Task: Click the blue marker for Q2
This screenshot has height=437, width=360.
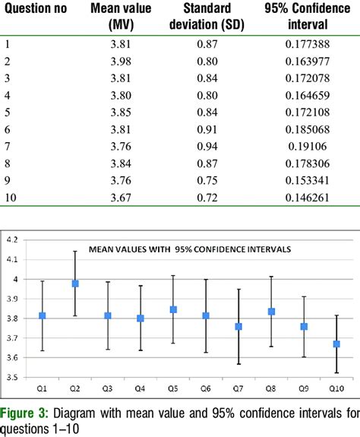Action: click(74, 283)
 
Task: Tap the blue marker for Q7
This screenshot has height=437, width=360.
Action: click(238, 327)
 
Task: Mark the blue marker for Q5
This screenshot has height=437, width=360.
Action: click(173, 309)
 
